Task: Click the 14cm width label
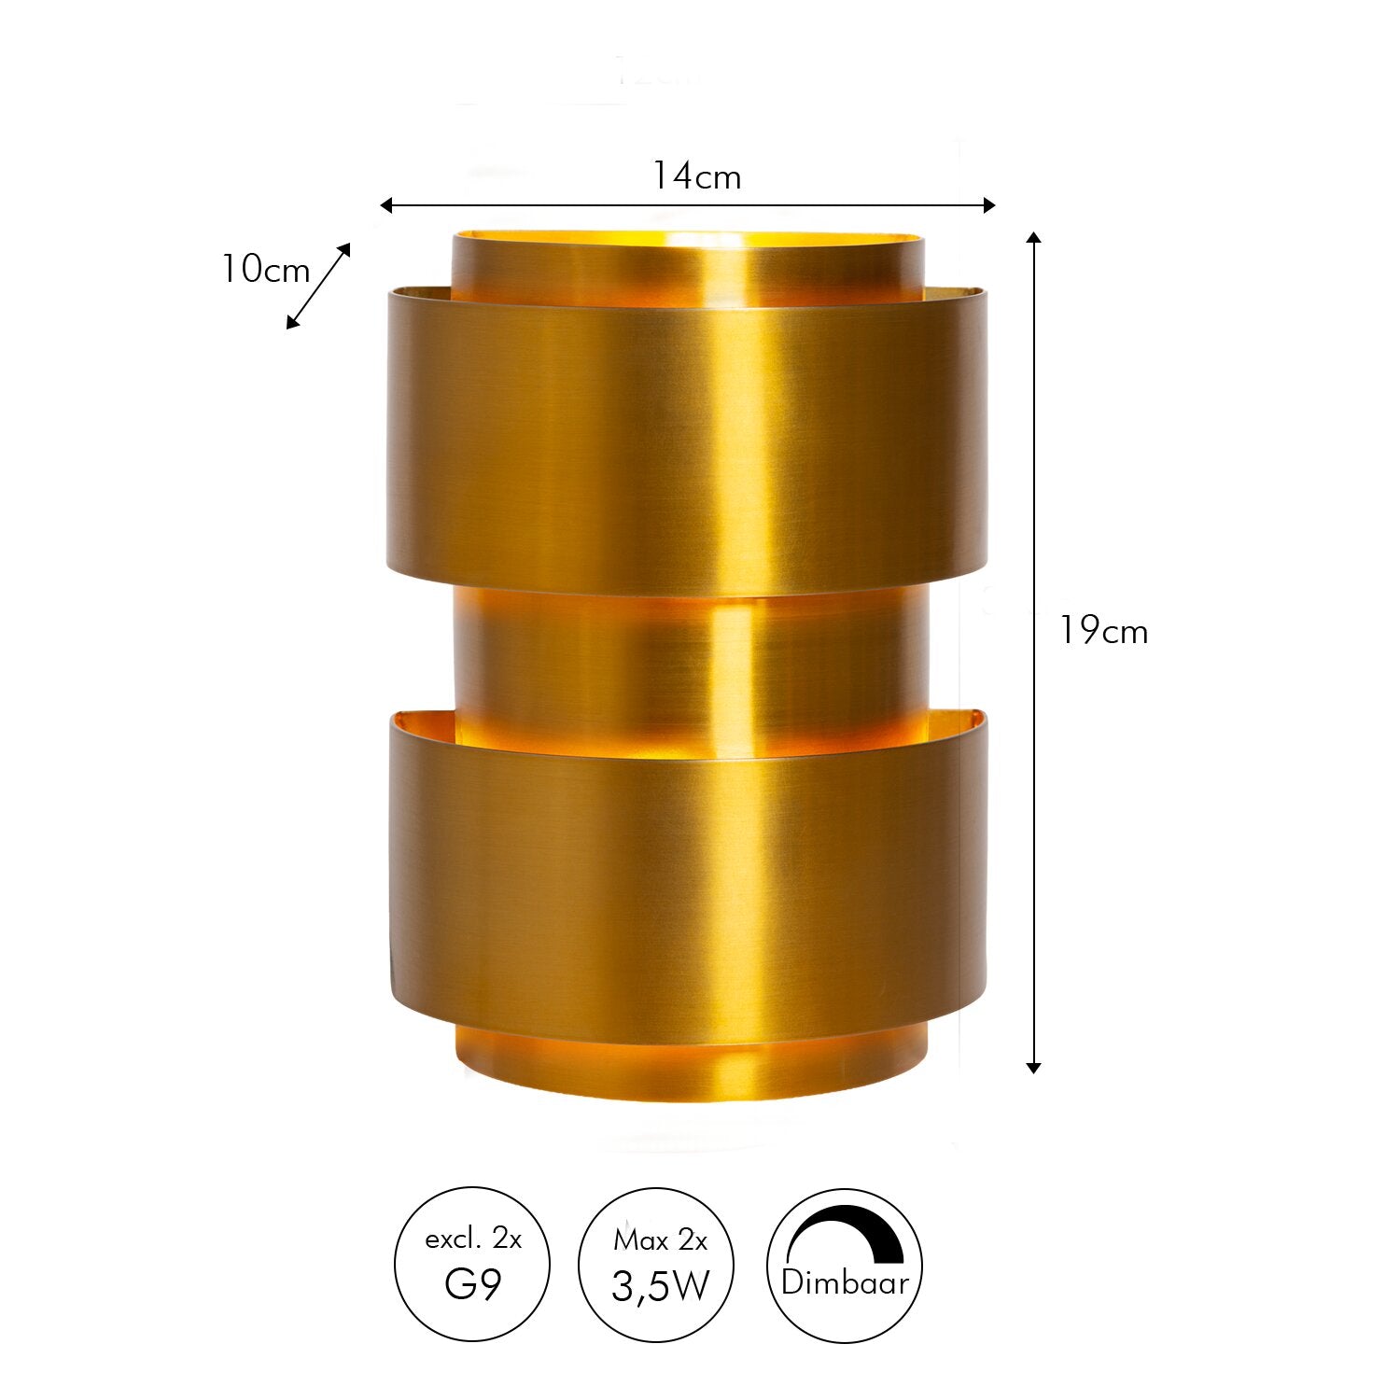[695, 175]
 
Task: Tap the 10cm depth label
[265, 270]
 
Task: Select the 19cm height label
[1103, 632]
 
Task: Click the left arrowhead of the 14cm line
[385, 205]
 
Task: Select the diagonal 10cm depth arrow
[318, 287]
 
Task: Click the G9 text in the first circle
[472, 1284]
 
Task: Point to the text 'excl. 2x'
[472, 1239]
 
